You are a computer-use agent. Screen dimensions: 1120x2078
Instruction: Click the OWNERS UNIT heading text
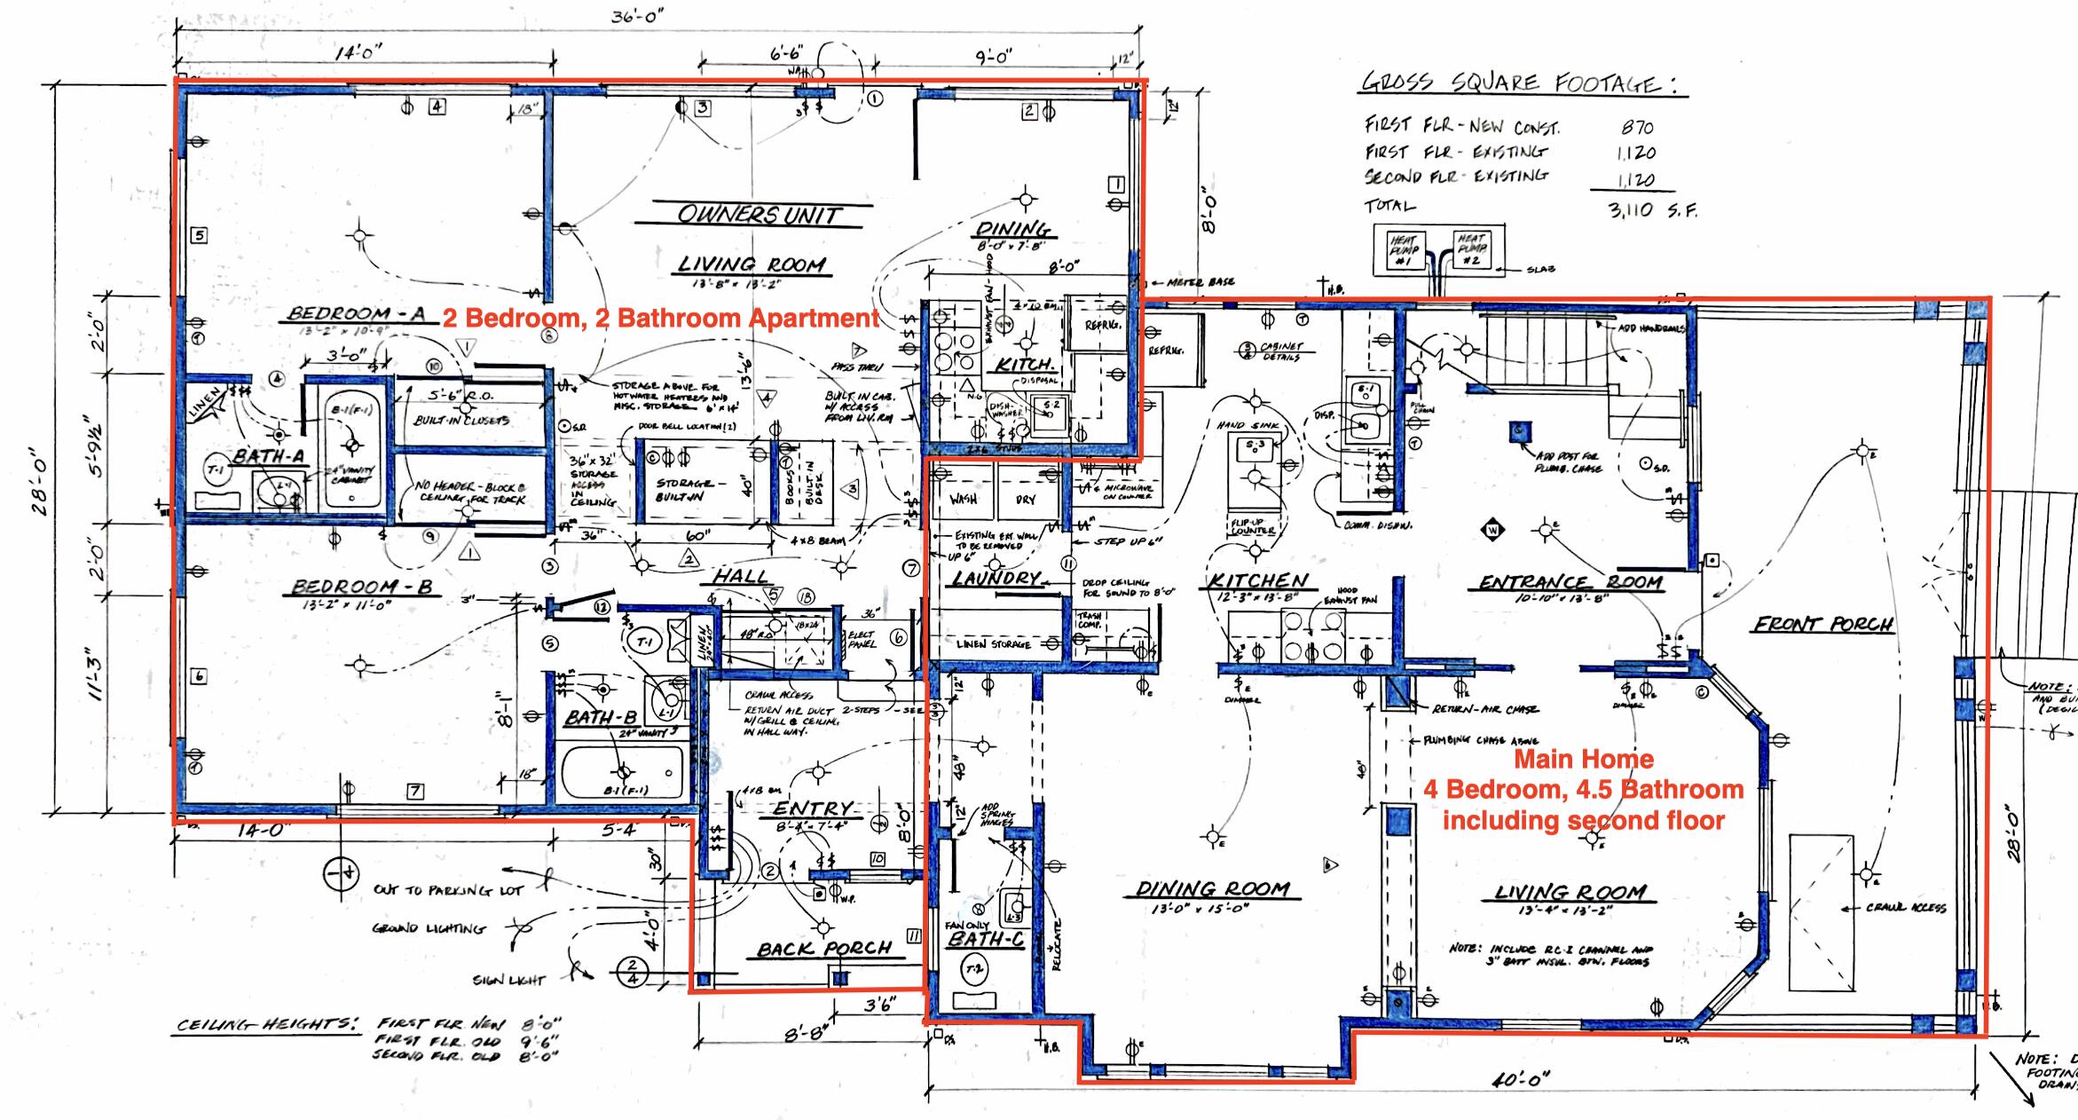pyautogui.click(x=760, y=215)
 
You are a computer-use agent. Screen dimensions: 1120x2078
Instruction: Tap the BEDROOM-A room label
pyautogui.click(x=357, y=313)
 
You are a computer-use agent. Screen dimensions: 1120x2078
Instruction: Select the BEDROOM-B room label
pyautogui.click(x=362, y=587)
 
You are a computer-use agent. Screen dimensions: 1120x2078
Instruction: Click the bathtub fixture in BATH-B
pyautogui.click(x=623, y=773)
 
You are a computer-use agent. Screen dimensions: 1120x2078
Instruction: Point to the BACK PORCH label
pyautogui.click(x=823, y=949)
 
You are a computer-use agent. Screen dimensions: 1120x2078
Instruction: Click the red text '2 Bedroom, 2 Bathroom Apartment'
pyautogui.click(x=661, y=318)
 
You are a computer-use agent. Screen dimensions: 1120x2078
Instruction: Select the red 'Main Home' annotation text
pyautogui.click(x=1584, y=759)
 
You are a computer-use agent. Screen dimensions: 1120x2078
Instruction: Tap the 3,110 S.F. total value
pyautogui.click(x=1652, y=210)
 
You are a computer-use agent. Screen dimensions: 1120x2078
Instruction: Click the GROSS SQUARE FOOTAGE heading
pyautogui.click(x=1523, y=83)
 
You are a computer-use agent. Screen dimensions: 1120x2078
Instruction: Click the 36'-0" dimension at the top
pyautogui.click(x=637, y=17)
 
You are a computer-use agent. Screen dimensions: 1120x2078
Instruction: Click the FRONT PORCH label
pyautogui.click(x=1822, y=624)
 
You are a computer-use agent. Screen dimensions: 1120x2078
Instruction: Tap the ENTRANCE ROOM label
pyautogui.click(x=1570, y=583)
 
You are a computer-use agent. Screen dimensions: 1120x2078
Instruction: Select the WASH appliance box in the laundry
pyautogui.click(x=963, y=500)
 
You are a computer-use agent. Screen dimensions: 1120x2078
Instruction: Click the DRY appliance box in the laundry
pyautogui.click(x=1026, y=500)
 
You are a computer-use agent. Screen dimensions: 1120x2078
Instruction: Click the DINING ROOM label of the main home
pyautogui.click(x=1212, y=889)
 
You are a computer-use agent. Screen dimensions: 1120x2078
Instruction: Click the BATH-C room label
pyautogui.click(x=985, y=939)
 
